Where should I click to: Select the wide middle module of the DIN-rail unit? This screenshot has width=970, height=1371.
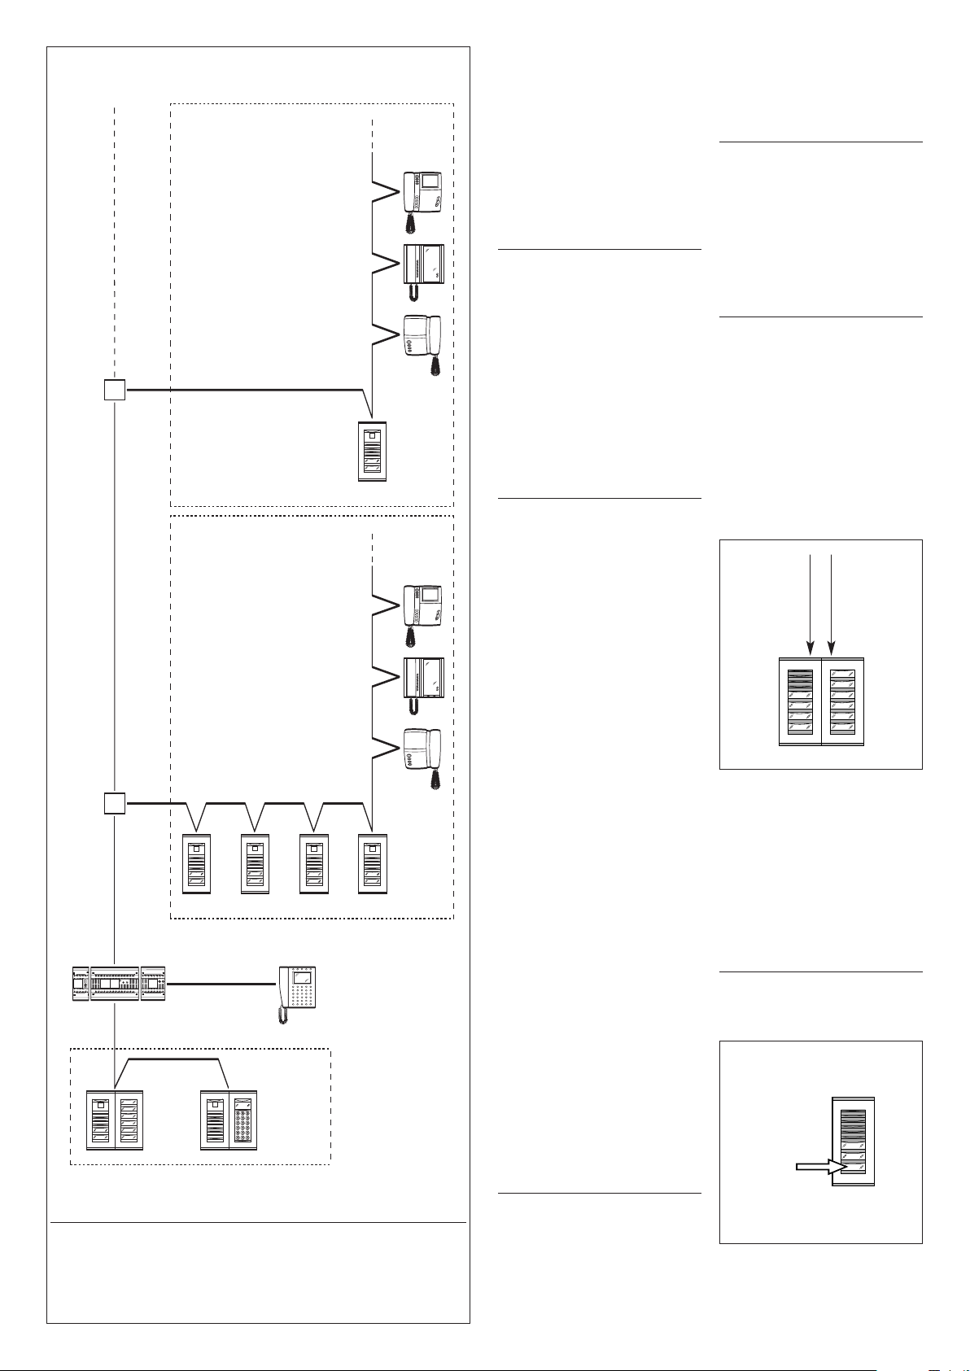tap(115, 984)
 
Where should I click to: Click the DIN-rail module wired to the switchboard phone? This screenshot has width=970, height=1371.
tap(153, 984)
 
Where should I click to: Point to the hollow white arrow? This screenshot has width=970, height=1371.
tap(817, 1167)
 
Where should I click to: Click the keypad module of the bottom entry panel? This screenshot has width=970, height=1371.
tap(242, 1120)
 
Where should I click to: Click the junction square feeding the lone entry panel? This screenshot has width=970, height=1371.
tap(115, 391)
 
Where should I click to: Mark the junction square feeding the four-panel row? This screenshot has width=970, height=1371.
tap(115, 804)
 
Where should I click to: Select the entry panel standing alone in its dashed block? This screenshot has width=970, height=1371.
tap(373, 452)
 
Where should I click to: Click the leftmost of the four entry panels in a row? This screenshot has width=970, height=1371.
tap(196, 864)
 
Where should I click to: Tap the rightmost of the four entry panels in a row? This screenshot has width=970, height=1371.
tap(373, 864)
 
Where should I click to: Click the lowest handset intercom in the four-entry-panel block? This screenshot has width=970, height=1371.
tap(422, 753)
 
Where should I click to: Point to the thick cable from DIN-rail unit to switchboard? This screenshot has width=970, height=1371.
tap(220, 985)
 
